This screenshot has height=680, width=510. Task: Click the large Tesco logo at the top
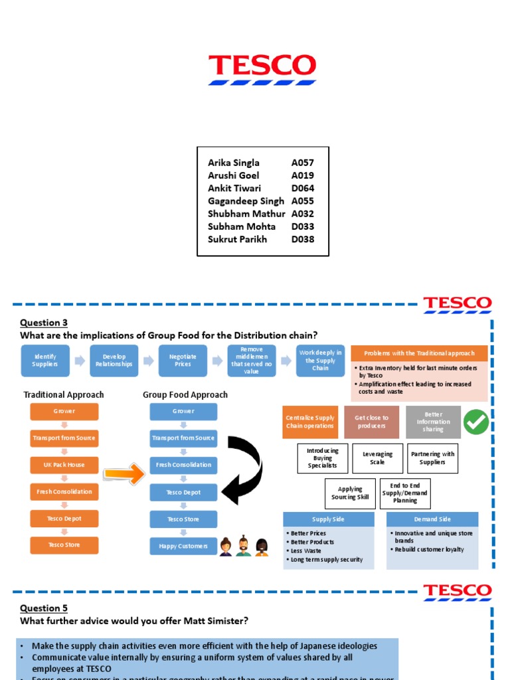pyautogui.click(x=262, y=69)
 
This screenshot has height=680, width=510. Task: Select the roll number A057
pyautogui.click(x=303, y=163)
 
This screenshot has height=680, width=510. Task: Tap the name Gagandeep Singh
pyautogui.click(x=246, y=201)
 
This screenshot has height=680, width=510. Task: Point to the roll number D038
pyautogui.click(x=303, y=239)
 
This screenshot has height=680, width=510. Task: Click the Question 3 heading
pyautogui.click(x=44, y=323)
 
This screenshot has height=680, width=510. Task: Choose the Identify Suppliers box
pyautogui.click(x=45, y=361)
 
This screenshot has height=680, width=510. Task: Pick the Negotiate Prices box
pyautogui.click(x=183, y=361)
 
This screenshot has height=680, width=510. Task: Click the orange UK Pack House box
pyautogui.click(x=64, y=465)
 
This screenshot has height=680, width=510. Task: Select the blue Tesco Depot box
pyautogui.click(x=183, y=492)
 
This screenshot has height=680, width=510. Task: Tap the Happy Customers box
pyautogui.click(x=183, y=546)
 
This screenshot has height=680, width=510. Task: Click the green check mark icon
pyautogui.click(x=476, y=422)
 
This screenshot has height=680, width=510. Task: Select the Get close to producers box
pyautogui.click(x=372, y=422)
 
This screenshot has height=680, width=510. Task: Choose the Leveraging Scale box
pyautogui.click(x=377, y=458)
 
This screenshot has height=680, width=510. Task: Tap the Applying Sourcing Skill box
pyautogui.click(x=350, y=493)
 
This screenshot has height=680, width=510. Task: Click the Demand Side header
pyautogui.click(x=432, y=519)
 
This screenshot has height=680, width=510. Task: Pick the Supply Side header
pyautogui.click(x=329, y=519)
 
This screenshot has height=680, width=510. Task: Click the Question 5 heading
pyautogui.click(x=44, y=608)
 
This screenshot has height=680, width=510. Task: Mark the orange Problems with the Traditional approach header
pyautogui.click(x=419, y=353)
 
